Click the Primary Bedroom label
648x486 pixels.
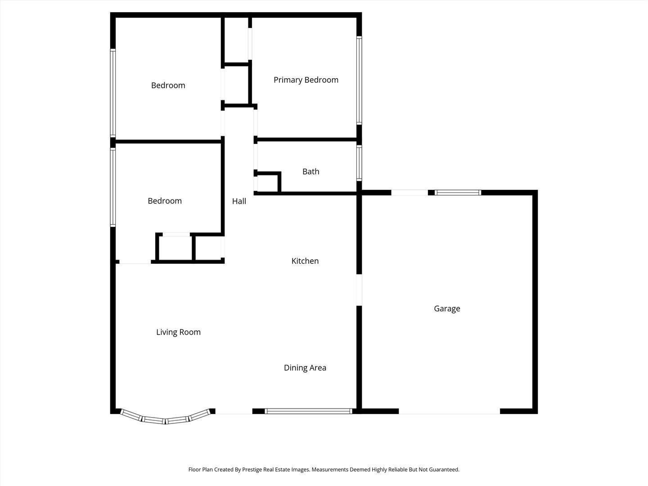point(306,80)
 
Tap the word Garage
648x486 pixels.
point(447,309)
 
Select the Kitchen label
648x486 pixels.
point(305,261)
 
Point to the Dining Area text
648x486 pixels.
point(305,368)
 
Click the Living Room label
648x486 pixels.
point(178,332)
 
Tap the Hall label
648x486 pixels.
point(239,201)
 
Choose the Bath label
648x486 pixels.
point(310,171)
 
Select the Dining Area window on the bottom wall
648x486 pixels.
point(308,411)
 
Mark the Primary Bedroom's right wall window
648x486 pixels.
point(359,80)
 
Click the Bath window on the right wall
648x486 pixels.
point(359,162)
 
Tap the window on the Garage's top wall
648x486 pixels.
point(458,193)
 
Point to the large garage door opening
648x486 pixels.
point(449,411)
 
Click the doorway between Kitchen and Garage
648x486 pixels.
point(359,290)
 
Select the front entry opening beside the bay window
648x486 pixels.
point(234,411)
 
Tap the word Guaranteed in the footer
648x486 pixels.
point(443,469)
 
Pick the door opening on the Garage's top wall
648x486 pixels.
point(409,193)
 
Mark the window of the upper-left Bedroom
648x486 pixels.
point(113,92)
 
